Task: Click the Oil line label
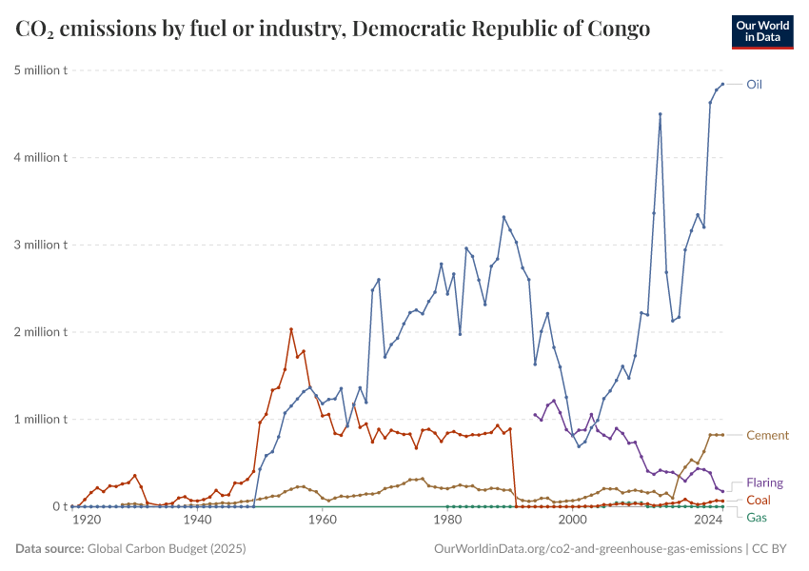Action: pos(754,85)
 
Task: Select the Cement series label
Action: pos(767,436)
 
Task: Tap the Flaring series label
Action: pos(765,483)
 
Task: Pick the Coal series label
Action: pos(759,501)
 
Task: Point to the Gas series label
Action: pos(757,518)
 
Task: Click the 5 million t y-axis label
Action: pos(39,70)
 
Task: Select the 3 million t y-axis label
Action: pos(39,245)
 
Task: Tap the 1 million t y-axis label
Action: pos(39,420)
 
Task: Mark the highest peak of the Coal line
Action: pos(291,329)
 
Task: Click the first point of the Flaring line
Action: pos(535,414)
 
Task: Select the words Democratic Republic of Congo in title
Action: pos(501,29)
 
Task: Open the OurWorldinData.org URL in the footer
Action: pos(587,549)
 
